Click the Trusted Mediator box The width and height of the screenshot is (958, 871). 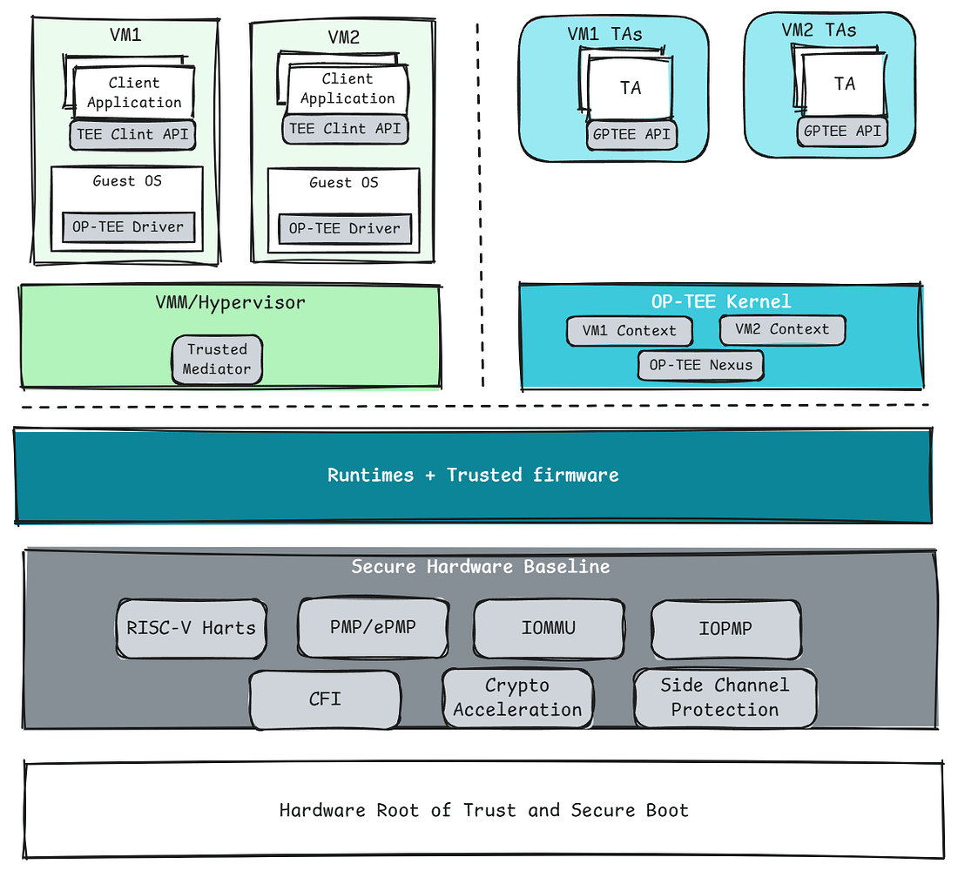pos(217,359)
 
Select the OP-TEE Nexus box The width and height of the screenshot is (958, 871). pos(700,365)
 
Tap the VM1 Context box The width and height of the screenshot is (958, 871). pos(630,331)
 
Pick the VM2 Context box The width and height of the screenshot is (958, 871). pos(782,329)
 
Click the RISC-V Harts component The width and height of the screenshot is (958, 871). pos(191,627)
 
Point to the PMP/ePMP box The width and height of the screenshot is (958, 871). pos(374,626)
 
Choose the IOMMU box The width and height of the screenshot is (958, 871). pos(549,627)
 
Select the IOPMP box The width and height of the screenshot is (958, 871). pos(725,627)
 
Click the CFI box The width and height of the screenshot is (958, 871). pos(325,699)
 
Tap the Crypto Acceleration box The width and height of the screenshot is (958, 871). pos(517,698)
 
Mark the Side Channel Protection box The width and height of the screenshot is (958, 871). pos(725,698)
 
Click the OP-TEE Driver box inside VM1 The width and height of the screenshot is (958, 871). pos(128,227)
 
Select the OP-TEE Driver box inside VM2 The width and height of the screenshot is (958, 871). pos(345,229)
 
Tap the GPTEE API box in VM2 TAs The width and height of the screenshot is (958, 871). pos(842,132)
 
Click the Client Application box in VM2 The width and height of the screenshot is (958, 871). pos(347,90)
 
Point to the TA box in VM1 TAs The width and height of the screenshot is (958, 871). pos(631,88)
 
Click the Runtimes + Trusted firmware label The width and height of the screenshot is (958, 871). pos(473,476)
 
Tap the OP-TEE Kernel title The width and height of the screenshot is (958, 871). pos(720,301)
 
